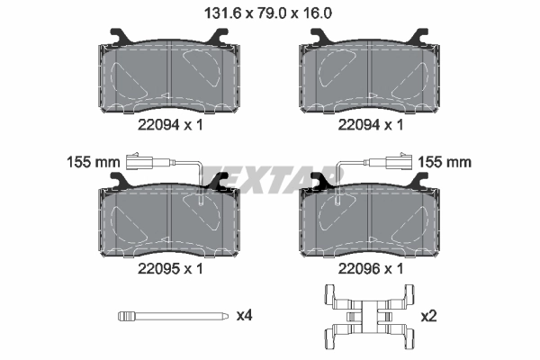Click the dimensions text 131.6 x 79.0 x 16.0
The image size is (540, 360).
pos(269,13)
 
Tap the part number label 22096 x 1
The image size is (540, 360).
pos(368,268)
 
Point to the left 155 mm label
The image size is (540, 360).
pos(94,163)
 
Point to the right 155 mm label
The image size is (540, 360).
pos(446,163)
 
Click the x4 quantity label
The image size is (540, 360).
pos(244,316)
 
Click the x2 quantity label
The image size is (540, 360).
pos(431,316)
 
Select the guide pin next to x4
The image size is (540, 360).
pos(170,316)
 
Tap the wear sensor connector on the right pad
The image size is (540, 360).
pos(397,163)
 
